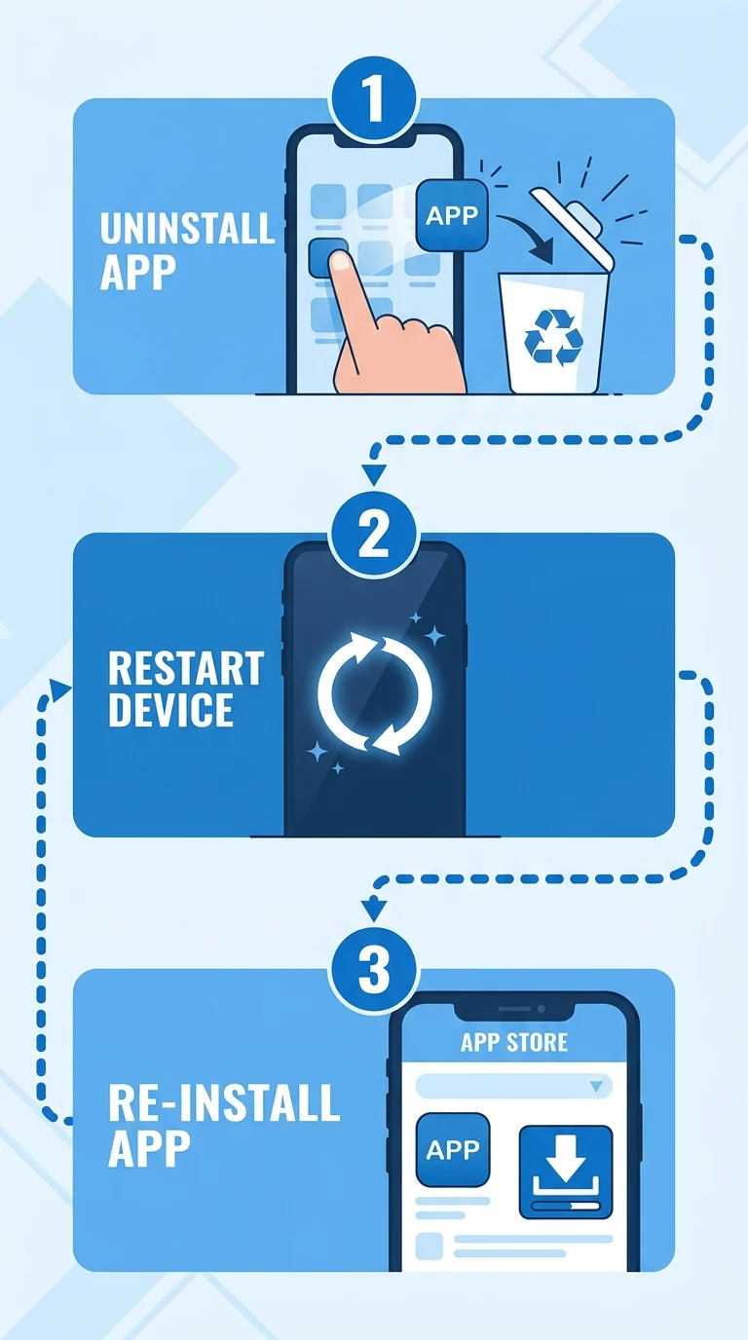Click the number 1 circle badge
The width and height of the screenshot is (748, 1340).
coord(374,100)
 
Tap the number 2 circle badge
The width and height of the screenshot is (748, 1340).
coord(374,535)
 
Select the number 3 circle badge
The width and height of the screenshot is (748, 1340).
coord(374,970)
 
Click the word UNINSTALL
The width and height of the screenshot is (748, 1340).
coord(187,228)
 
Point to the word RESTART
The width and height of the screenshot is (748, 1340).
coord(186,668)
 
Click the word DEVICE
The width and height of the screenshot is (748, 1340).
coord(170,710)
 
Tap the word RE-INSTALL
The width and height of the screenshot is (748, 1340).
coord(224,1102)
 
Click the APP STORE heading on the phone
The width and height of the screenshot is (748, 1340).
coord(514,1042)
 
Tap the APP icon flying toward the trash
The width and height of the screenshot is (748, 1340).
coord(452,215)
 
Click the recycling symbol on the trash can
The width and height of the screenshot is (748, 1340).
coord(553,337)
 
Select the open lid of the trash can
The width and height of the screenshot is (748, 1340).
coord(573,227)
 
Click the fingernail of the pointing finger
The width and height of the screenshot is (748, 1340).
coord(341,261)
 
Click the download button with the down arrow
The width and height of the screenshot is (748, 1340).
coord(566,1172)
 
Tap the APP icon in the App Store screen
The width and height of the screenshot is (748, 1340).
coord(452,1149)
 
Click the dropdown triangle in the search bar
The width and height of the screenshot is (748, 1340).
coord(596,1086)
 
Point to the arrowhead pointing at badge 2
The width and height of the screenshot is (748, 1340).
coord(374,475)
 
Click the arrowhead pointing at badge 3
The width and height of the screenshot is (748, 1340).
coord(374,911)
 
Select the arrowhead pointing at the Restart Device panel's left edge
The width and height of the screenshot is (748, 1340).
coord(59,689)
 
